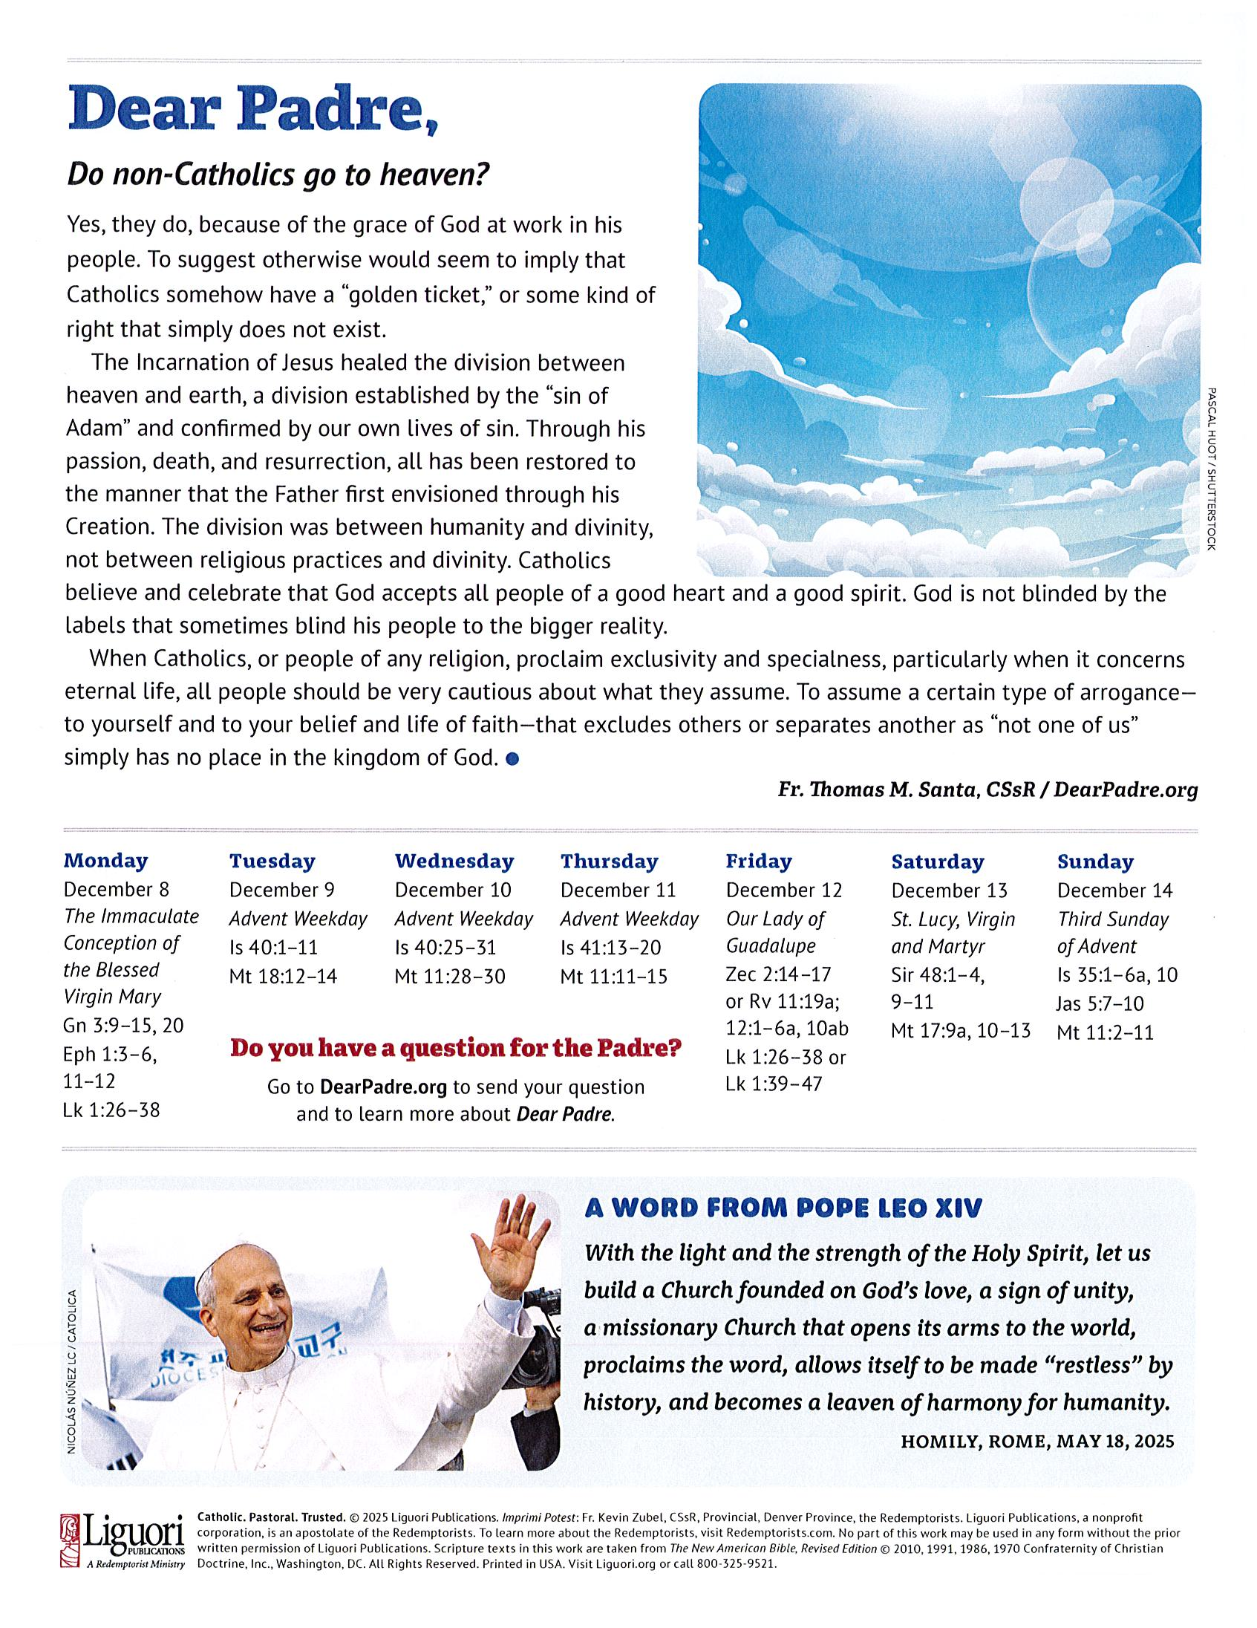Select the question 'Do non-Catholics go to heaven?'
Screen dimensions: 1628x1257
pos(277,175)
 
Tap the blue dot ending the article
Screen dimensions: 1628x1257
pos(512,760)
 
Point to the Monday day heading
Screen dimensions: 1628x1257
pos(106,861)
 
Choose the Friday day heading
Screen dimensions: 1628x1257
pos(758,862)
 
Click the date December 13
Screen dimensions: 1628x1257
pos(949,890)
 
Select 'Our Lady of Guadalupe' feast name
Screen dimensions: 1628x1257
pos(775,933)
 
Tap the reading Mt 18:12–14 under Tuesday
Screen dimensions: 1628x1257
pos(283,977)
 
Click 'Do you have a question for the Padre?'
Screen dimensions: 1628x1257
pos(455,1049)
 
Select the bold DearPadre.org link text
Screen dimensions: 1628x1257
pos(383,1087)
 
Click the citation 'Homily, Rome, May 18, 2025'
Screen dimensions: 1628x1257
pos(1036,1441)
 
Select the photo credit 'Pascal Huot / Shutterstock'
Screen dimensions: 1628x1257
pos(1210,467)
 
